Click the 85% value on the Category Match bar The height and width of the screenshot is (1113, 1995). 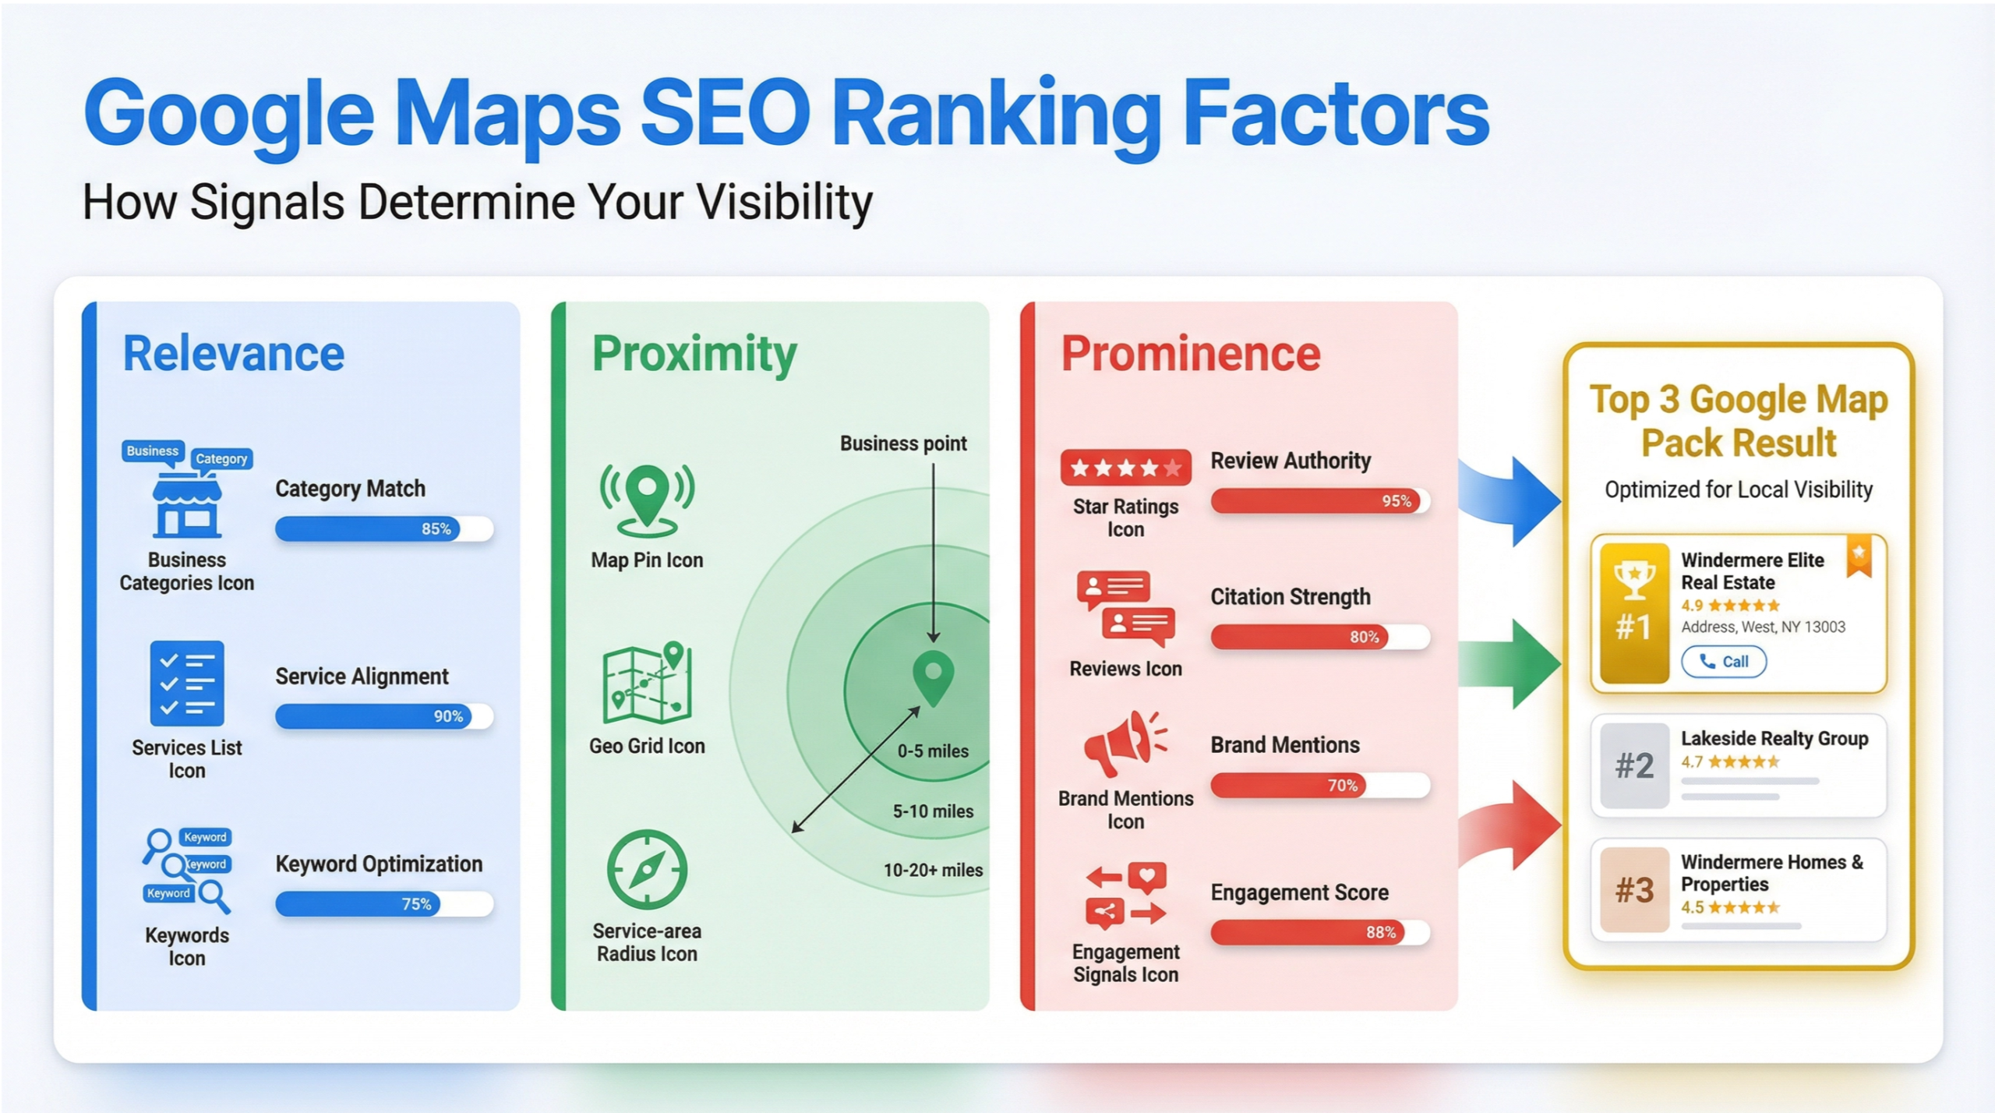point(436,528)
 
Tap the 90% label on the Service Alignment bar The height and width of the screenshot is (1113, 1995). point(448,716)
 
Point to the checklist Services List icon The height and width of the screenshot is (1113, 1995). point(187,684)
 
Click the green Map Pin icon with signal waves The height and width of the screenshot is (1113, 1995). point(647,500)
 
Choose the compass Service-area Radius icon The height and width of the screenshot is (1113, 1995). point(647,870)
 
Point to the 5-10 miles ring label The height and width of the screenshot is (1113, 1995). point(933,811)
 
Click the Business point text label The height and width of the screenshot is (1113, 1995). point(903,443)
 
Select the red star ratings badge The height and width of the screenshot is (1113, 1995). point(1125,468)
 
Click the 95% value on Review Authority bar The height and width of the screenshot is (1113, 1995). point(1396,501)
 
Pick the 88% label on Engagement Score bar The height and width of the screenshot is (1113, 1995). point(1380,932)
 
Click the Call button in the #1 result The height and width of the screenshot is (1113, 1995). point(1724,662)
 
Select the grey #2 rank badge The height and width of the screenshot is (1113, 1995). point(1634,765)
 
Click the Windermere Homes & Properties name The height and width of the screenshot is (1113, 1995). point(1771,873)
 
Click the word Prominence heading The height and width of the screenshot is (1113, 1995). point(1190,354)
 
